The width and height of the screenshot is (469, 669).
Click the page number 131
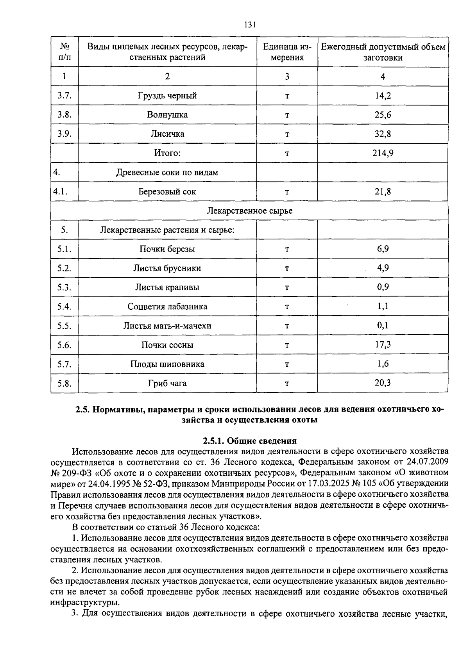click(250, 25)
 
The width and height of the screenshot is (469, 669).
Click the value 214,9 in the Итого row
click(383, 153)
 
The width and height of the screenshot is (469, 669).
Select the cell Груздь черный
click(167, 96)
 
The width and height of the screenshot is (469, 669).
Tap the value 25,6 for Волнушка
click(383, 115)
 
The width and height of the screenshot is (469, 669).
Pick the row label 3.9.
click(64, 134)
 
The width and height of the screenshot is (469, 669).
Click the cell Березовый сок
click(167, 192)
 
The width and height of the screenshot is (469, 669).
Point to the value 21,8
click(383, 192)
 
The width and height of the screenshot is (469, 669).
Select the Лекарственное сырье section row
click(249, 211)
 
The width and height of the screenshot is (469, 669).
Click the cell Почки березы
click(167, 249)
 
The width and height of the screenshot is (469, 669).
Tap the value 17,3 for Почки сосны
click(383, 344)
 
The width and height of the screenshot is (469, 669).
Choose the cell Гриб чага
click(167, 384)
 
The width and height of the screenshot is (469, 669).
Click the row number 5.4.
click(64, 307)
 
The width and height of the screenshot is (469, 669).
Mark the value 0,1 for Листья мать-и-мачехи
click(383, 325)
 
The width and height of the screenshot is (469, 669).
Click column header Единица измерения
click(287, 52)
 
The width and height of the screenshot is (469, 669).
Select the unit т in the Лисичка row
click(287, 134)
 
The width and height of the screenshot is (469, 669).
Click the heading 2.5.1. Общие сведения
click(250, 441)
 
